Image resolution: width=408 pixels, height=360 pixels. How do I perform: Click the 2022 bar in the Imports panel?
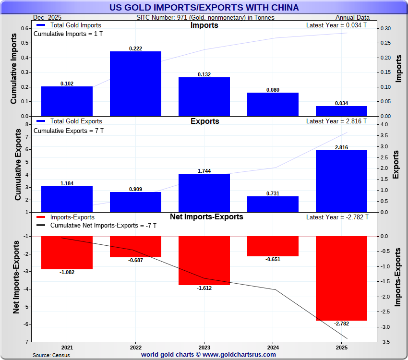point(135,84)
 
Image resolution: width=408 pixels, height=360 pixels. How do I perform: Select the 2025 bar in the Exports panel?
point(341,181)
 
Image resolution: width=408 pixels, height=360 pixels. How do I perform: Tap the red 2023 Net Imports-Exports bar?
point(204,261)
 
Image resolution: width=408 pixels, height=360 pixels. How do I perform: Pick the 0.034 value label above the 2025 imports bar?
point(341,103)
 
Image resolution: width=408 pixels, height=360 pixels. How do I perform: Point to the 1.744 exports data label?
point(204,171)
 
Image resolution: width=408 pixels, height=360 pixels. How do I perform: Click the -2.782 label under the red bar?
point(341,324)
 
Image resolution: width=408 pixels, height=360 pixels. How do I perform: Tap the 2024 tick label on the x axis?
point(273,347)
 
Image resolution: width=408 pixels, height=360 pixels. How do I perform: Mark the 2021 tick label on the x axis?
point(67,347)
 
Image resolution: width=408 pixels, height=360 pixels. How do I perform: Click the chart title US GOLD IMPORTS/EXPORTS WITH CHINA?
point(204,8)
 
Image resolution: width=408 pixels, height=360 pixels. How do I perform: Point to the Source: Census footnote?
point(51,355)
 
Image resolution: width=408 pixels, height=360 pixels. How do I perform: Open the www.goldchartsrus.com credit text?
point(208,355)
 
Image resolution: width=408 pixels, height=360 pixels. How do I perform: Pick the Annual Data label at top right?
point(356,17)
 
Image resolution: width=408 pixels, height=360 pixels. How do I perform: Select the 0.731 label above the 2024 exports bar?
point(273,193)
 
